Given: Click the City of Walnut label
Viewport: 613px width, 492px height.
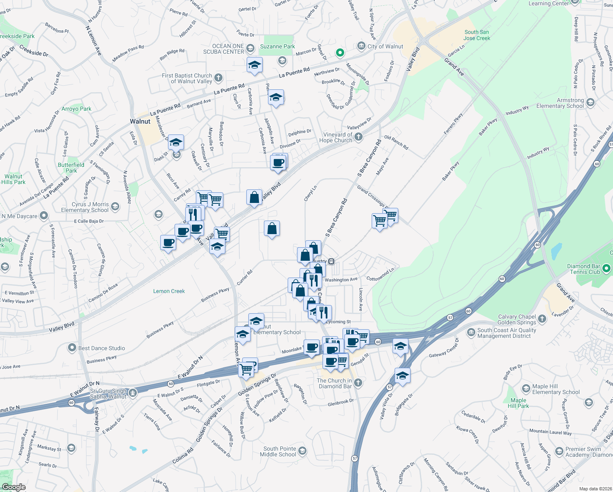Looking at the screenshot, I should pos(385,46).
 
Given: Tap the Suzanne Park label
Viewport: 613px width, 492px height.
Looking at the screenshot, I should pos(277,46).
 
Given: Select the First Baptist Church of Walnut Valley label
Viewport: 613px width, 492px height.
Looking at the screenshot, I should pos(187,78).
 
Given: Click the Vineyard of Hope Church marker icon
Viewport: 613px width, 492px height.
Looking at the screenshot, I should pos(359,137).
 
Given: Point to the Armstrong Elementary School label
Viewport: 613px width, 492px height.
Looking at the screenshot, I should pos(560,103).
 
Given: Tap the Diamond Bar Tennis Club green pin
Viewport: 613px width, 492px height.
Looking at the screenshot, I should pos(607,269).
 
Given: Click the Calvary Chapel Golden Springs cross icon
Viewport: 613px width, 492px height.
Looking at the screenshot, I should pos(542,319).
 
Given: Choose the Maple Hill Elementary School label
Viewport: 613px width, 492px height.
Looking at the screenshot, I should pos(556,389).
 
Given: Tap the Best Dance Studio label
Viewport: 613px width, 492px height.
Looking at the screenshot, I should pos(102,348).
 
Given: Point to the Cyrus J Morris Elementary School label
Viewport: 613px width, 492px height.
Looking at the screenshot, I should pos(85,207).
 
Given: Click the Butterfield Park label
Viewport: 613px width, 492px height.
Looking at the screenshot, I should pos(71,168).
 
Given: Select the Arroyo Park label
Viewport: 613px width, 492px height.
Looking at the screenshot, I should pos(76,109).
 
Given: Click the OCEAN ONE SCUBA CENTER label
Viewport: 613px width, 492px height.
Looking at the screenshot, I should pos(224,49).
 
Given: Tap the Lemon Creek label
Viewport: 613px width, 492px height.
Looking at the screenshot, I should pos(169,291).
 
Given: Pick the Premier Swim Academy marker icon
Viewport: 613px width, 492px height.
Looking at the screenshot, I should pos(559,452).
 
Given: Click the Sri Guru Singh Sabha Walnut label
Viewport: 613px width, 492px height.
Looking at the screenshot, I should pos(108,394).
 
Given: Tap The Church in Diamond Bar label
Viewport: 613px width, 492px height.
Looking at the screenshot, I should pos(334,383).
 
